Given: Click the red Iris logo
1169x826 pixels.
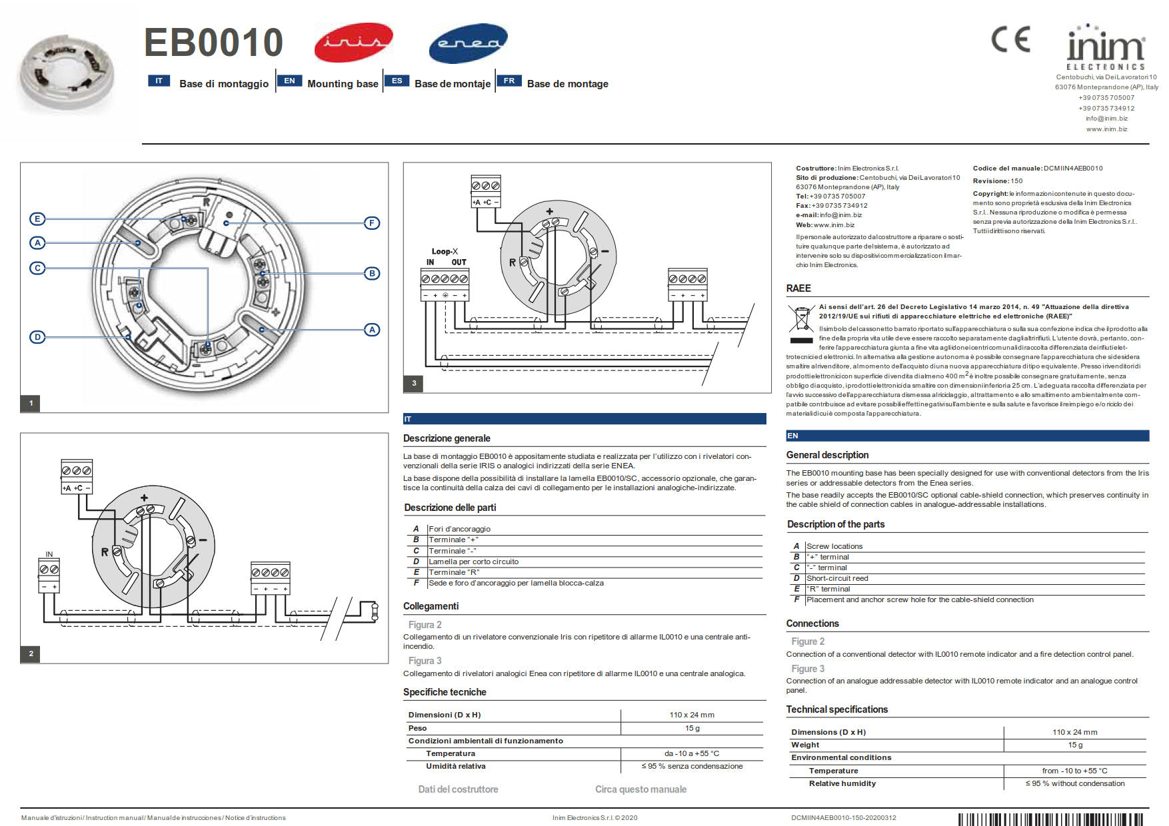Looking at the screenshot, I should [353, 42].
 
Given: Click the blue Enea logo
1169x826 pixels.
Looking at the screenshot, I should [468, 43].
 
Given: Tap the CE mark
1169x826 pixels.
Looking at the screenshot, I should [1010, 39].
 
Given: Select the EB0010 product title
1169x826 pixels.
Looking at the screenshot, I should [213, 42].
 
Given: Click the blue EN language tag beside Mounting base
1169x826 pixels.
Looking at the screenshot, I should [289, 81].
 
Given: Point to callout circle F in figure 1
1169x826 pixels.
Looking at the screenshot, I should [372, 223].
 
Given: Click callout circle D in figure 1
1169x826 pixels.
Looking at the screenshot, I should [37, 337].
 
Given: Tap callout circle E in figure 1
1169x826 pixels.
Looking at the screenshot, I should [37, 219].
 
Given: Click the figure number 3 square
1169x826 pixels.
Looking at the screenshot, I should [414, 383].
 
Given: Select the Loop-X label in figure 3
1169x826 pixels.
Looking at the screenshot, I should [445, 251].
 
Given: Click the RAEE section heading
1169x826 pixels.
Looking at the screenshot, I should [798, 288].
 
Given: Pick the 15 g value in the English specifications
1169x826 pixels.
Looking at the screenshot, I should [1075, 745].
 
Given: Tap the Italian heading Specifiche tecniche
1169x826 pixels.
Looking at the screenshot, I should [445, 692].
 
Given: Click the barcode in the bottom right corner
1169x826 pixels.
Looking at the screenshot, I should [1053, 819].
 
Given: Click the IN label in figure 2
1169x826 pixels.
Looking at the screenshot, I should [49, 554].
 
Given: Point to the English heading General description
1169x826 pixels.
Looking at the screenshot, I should [827, 455].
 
